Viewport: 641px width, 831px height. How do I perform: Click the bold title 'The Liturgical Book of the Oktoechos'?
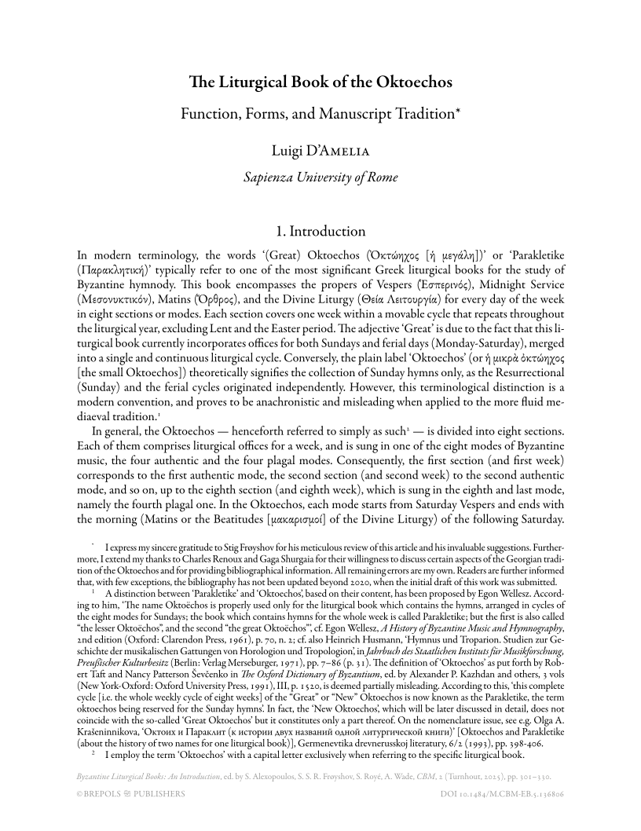[x=320, y=82]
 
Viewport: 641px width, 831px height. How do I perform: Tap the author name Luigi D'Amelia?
[x=320, y=150]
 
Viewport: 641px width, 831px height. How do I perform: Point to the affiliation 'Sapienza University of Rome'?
[x=320, y=178]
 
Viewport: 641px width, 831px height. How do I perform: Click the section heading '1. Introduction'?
[x=320, y=232]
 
